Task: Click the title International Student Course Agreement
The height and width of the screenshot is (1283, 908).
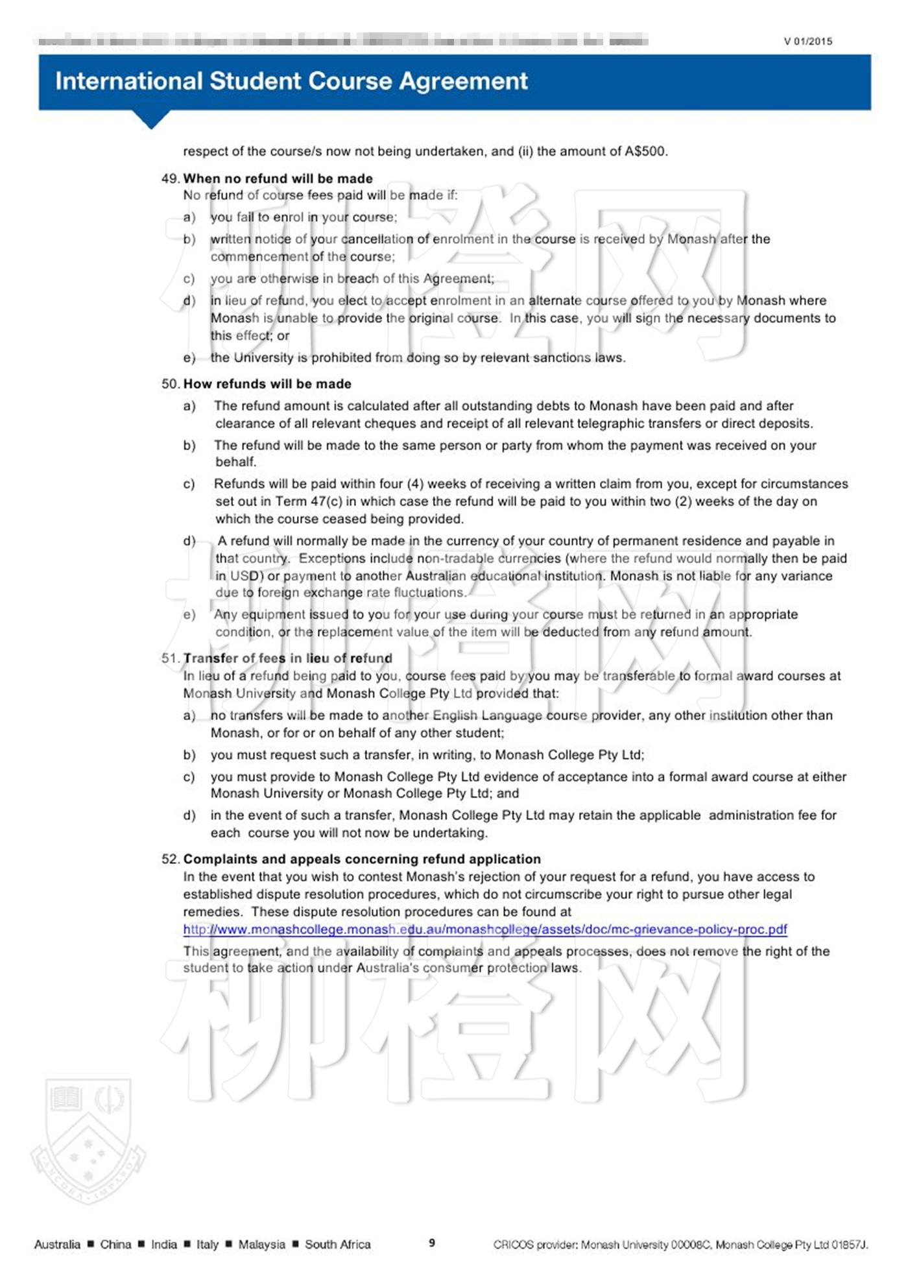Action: (291, 81)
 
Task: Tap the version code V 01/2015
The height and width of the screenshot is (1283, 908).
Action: (807, 42)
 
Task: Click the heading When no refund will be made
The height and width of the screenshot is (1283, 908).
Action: (278, 178)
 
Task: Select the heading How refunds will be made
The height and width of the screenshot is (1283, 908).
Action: (267, 384)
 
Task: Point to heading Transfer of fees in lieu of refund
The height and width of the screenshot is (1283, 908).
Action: (287, 658)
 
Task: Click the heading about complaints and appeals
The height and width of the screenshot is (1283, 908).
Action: (362, 859)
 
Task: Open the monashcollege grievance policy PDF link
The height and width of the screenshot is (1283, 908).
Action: (485, 929)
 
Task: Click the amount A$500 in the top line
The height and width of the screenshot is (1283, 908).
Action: (645, 152)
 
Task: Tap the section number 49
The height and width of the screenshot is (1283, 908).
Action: (170, 178)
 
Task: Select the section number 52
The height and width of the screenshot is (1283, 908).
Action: (170, 859)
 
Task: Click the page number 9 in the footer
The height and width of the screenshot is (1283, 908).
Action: (432, 1243)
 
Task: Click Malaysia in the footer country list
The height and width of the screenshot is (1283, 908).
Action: (261, 1244)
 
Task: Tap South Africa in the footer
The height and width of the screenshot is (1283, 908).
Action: (337, 1244)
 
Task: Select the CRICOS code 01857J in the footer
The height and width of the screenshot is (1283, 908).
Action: (849, 1244)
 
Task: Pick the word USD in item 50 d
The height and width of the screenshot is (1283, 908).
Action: (244, 576)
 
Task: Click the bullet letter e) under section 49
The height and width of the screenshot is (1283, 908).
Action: (189, 358)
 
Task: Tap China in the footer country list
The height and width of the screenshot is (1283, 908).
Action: (115, 1244)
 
